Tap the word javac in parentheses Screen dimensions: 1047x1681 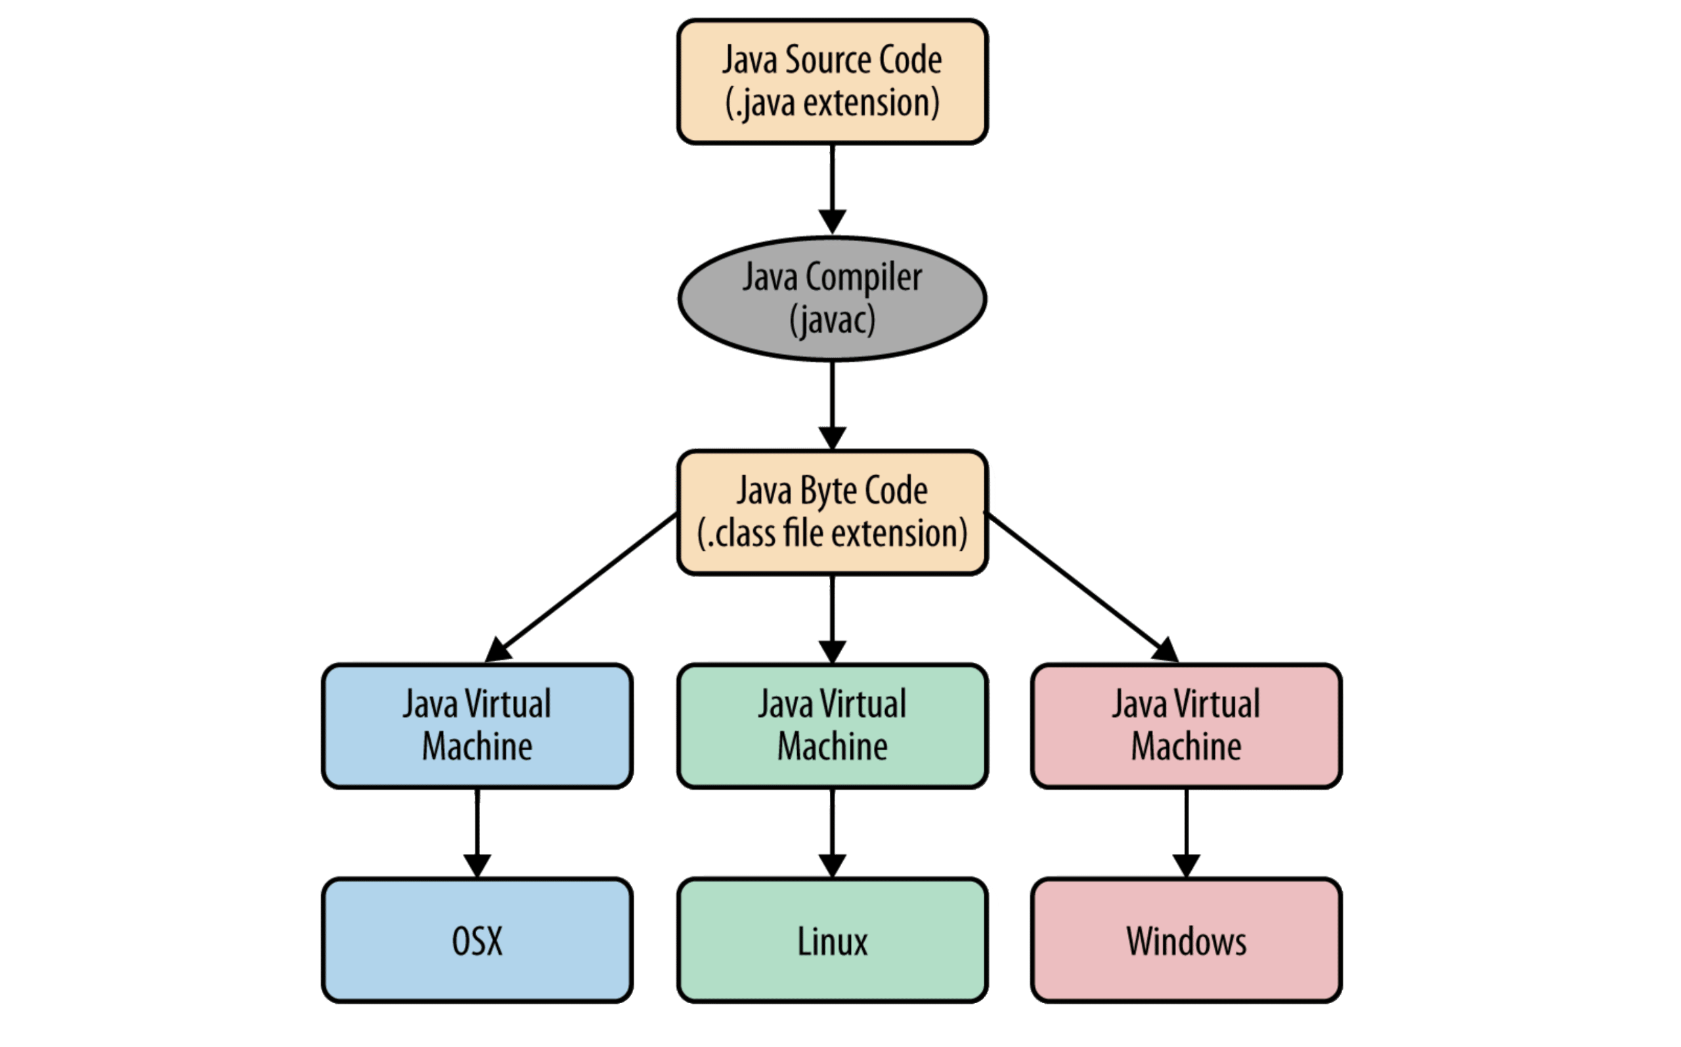coord(832,320)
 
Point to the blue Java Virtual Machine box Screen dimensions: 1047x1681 coord(477,725)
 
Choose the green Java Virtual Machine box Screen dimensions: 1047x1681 coord(831,725)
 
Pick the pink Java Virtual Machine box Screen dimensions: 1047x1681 coord(1186,725)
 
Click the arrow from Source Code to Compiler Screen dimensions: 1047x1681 coord(832,187)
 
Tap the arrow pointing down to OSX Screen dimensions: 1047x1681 coord(477,831)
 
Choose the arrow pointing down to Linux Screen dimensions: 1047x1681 coord(832,831)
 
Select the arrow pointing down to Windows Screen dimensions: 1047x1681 coord(1186,831)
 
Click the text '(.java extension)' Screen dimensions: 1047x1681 coord(832,102)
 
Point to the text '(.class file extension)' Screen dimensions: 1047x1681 coord(832,533)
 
